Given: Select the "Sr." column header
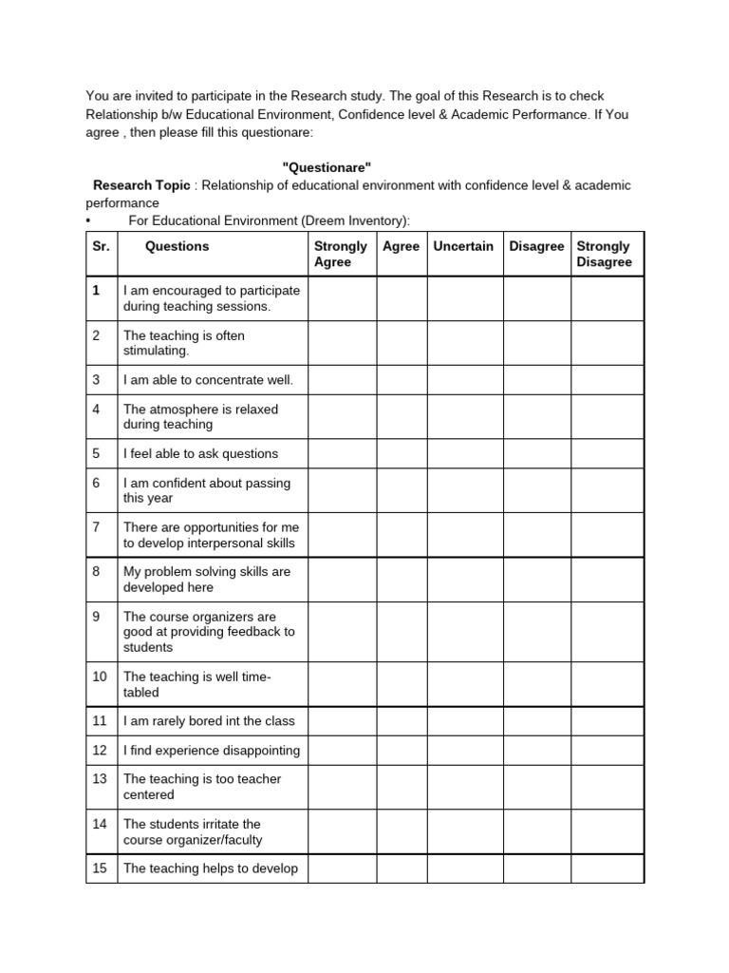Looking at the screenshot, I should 102,246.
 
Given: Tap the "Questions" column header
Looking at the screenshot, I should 177,246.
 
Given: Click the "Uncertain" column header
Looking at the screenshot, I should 463,246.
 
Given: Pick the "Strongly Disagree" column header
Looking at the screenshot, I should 604,254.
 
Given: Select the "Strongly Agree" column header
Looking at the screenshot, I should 340,254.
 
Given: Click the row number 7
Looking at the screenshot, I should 97,526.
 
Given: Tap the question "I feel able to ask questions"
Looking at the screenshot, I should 200,453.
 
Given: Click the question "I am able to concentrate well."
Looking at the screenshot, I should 208,380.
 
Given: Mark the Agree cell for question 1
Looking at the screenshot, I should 401,298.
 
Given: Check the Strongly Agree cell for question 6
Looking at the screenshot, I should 341,490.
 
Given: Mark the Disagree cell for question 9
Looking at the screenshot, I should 536,632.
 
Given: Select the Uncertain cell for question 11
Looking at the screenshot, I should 464,721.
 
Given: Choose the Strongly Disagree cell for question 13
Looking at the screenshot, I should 607,787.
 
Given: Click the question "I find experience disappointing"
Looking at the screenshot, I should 211,750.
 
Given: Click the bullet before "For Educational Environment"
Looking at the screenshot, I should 88,220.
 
